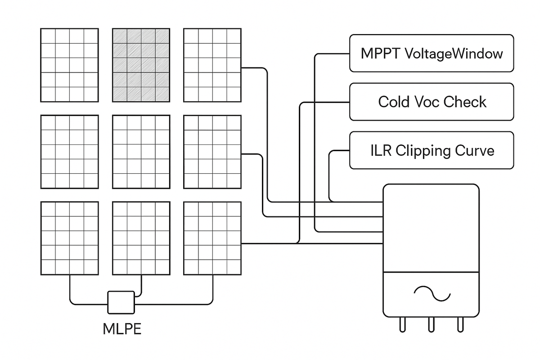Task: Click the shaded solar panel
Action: (141, 65)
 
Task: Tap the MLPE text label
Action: (122, 329)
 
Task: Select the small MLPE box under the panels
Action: (121, 302)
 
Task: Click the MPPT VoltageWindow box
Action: (431, 53)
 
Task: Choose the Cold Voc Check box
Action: (431, 102)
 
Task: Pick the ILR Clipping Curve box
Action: (431, 150)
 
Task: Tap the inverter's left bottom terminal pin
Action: (402, 324)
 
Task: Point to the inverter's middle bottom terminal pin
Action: (431, 324)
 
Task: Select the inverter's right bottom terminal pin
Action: (460, 324)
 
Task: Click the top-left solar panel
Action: (69, 65)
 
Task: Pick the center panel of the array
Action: (141, 152)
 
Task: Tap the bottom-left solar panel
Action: (69, 238)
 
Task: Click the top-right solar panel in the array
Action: (212, 65)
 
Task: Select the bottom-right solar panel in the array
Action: (212, 238)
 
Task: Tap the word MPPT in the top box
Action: (381, 54)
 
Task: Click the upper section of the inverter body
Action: (431, 227)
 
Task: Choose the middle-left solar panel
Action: (69, 152)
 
